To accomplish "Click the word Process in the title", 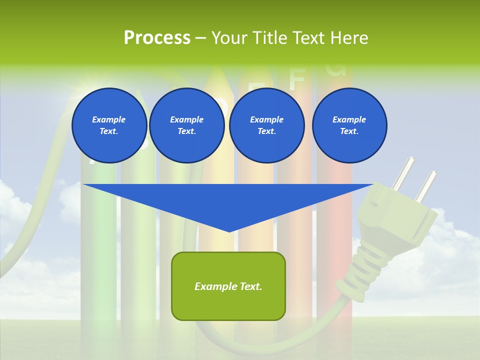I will [x=157, y=38].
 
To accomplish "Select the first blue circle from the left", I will [x=109, y=125].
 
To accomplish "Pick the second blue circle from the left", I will [x=186, y=125].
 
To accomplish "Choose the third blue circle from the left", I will [x=266, y=125].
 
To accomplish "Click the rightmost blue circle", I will [x=349, y=125].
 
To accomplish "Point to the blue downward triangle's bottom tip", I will [x=229, y=230].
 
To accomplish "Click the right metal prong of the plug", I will [x=425, y=184].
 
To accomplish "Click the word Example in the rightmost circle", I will [x=349, y=119].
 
